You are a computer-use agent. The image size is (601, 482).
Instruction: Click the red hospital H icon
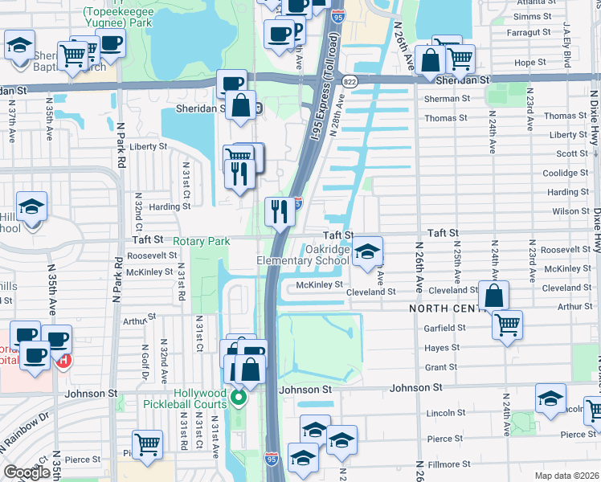click(63, 361)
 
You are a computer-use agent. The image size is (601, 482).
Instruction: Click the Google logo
click(27, 472)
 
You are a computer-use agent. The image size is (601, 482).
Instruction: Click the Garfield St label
click(445, 328)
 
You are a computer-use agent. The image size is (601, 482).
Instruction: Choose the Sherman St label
click(448, 98)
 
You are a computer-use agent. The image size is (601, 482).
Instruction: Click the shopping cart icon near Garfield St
click(507, 325)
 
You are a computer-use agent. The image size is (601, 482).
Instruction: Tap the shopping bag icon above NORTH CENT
click(494, 295)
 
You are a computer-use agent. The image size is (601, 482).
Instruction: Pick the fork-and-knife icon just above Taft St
click(280, 212)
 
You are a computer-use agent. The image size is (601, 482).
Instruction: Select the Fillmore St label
click(449, 464)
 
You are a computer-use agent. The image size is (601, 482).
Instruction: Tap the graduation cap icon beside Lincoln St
click(550, 398)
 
